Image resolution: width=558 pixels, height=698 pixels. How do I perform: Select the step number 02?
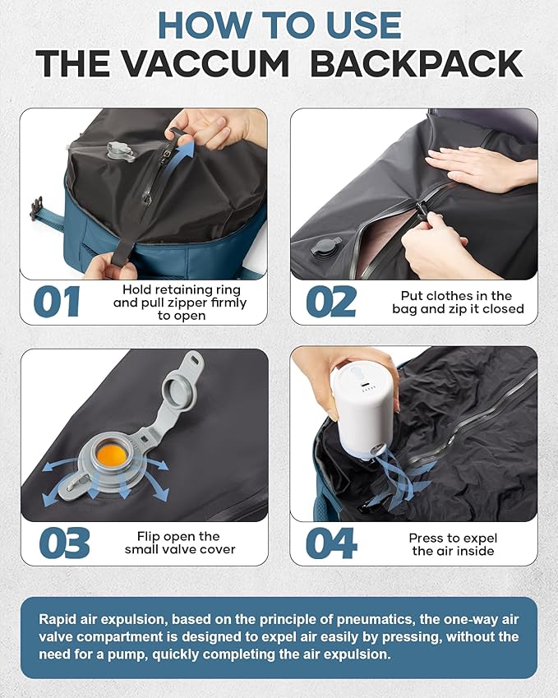pyautogui.click(x=331, y=302)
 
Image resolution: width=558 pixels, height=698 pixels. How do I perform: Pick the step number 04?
pyautogui.click(x=331, y=543)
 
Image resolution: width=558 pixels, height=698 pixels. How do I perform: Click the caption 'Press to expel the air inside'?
pyautogui.click(x=453, y=543)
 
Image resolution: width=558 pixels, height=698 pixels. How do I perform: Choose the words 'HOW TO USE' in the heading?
pyautogui.click(x=279, y=25)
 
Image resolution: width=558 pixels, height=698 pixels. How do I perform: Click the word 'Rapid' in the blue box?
pyautogui.click(x=57, y=618)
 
